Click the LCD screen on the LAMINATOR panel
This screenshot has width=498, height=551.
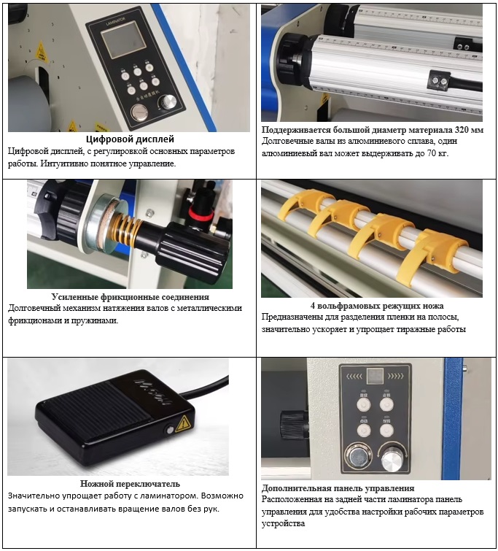123,39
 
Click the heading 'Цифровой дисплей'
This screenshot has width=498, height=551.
130,139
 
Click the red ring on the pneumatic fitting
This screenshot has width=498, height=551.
198,212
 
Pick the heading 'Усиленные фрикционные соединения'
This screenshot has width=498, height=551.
131,297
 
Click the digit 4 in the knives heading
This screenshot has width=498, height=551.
313,306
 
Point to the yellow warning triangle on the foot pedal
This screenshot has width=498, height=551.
182,423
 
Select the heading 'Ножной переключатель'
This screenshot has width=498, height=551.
130,484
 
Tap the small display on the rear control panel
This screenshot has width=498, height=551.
375,377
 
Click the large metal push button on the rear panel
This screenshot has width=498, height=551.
358,458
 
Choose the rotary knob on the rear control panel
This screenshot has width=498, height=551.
392,458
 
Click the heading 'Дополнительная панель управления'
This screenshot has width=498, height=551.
338,488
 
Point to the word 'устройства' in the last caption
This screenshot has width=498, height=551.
283,523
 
